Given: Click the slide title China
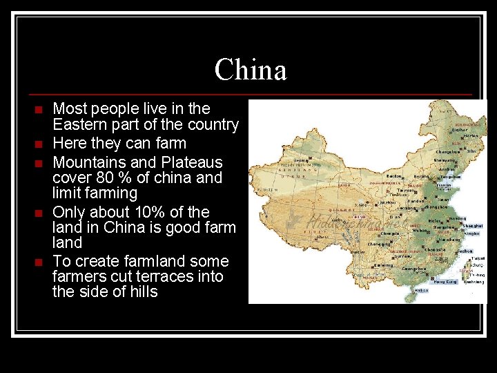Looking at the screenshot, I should pos(250,70).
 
